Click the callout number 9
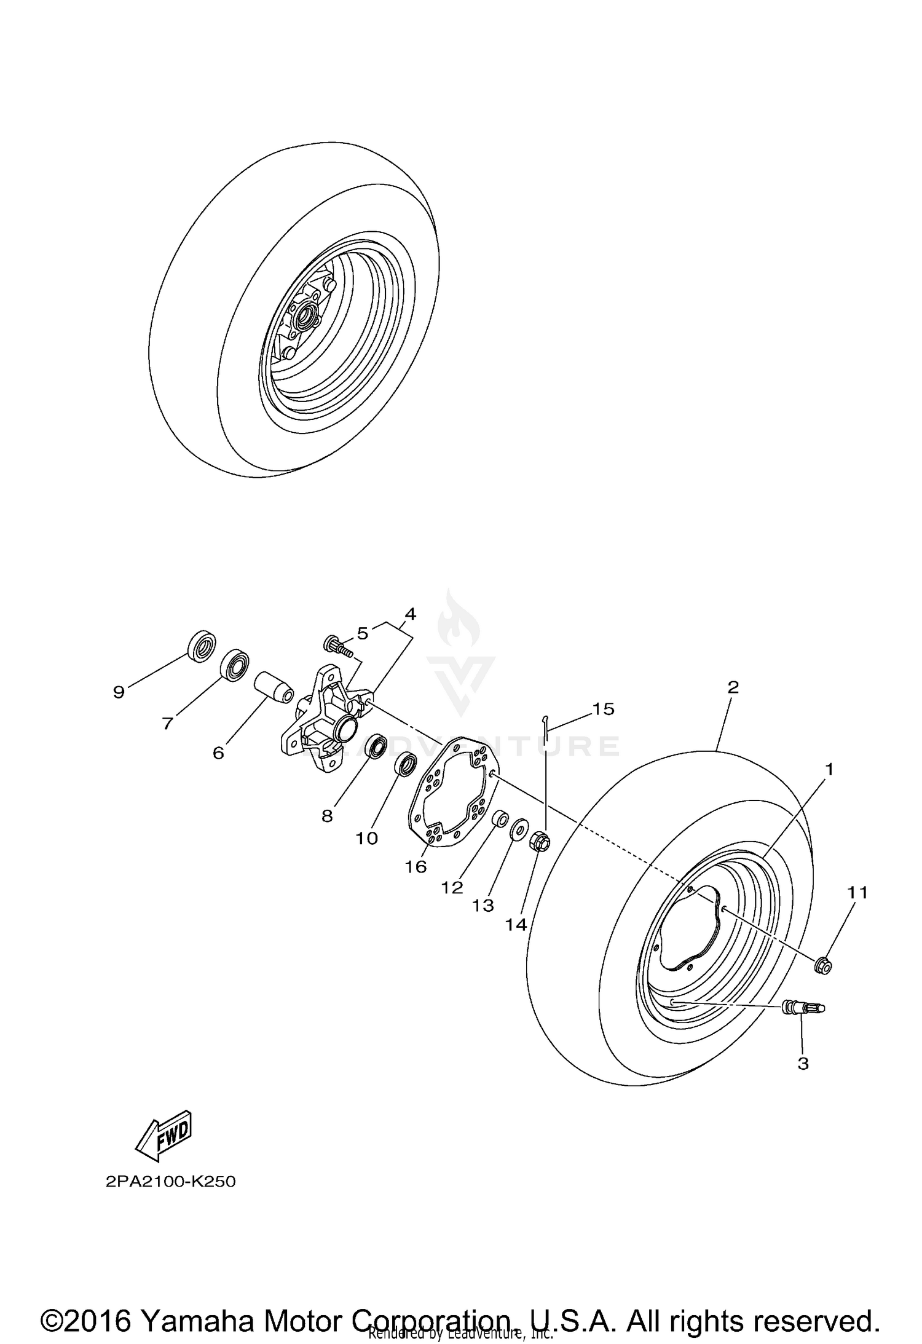point(119,692)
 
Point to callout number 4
point(410,614)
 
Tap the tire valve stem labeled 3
point(803,1008)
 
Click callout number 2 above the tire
point(733,687)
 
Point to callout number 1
point(829,769)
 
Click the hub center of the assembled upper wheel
point(304,317)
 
